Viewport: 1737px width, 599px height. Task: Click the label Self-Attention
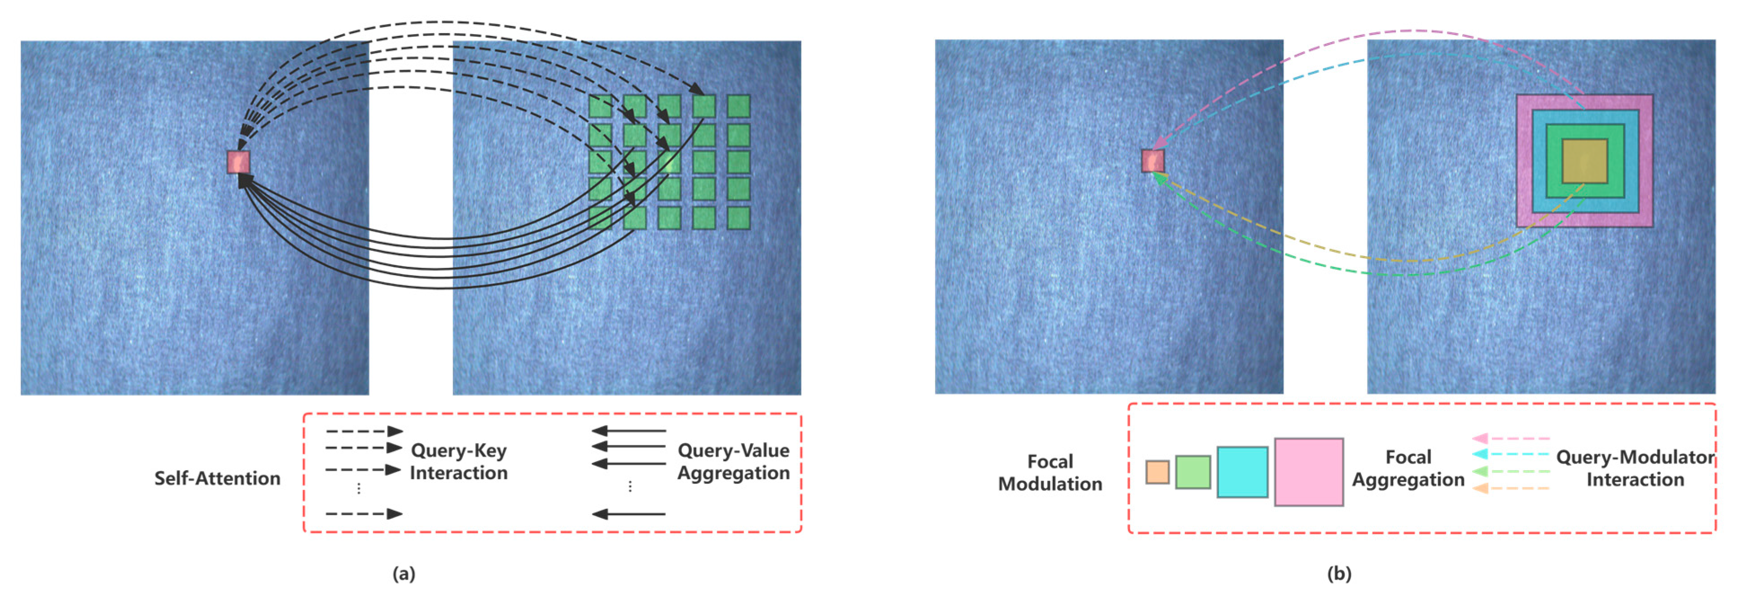tap(217, 478)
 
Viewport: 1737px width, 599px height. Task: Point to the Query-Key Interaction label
tap(458, 462)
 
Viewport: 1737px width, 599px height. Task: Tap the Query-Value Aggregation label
tap(733, 462)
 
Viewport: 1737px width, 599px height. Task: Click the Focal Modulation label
tap(1050, 472)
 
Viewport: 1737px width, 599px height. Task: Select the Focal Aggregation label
tap(1408, 468)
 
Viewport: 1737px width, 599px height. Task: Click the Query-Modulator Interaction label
tap(1635, 468)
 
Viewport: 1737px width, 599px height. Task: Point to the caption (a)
tap(404, 573)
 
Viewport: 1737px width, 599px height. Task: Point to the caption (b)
tap(1338, 573)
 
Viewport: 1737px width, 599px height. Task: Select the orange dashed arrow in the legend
tap(1510, 488)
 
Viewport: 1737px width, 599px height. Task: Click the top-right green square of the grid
tap(739, 106)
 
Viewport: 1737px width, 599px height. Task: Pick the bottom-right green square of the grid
tap(739, 218)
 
